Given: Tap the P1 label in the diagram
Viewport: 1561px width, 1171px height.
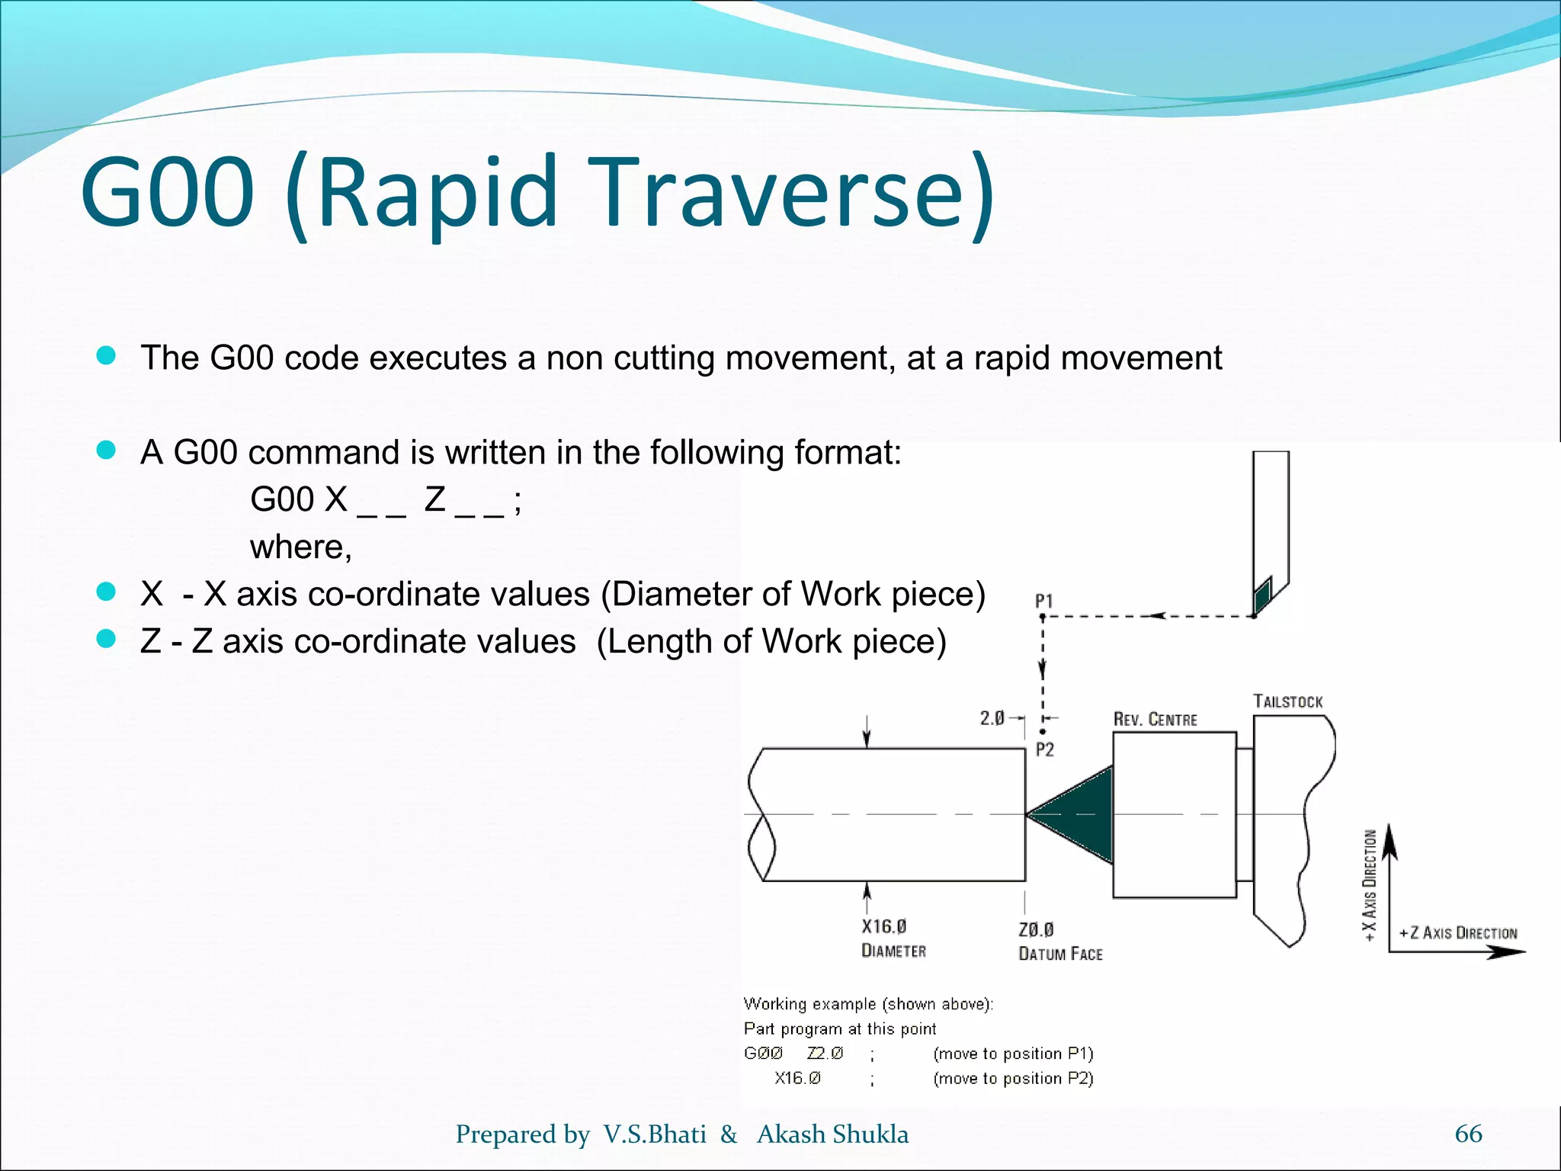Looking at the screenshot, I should [x=1044, y=601].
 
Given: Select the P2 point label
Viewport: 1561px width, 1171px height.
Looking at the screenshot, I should [x=1045, y=749].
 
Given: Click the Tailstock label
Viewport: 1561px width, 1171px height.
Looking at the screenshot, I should [x=1288, y=701].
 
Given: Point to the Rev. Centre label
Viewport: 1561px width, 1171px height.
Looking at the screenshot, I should [x=1156, y=719].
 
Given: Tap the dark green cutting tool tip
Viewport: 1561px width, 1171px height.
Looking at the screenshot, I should [x=1262, y=595].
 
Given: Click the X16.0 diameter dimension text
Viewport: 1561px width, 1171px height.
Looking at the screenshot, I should [x=884, y=926].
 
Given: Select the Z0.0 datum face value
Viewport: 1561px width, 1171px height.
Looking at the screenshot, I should [x=1036, y=929].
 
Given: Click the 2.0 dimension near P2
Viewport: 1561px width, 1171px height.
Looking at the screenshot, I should [x=992, y=718].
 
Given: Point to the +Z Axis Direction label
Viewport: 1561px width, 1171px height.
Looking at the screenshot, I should [x=1458, y=932].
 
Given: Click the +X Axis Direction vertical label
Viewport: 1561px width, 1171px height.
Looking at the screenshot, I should [x=1370, y=884].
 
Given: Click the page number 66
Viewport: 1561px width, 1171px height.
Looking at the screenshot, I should [x=1468, y=1134].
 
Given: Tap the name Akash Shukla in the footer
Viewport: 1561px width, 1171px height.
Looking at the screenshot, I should [x=832, y=1134].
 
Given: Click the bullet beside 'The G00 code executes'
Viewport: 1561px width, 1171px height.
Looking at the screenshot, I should [x=106, y=355].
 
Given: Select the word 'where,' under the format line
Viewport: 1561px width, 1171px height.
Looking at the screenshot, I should [x=301, y=547].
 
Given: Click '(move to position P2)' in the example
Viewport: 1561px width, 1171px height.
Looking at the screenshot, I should [x=1013, y=1078].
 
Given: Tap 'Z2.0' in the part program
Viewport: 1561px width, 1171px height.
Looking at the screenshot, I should [x=825, y=1053].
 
